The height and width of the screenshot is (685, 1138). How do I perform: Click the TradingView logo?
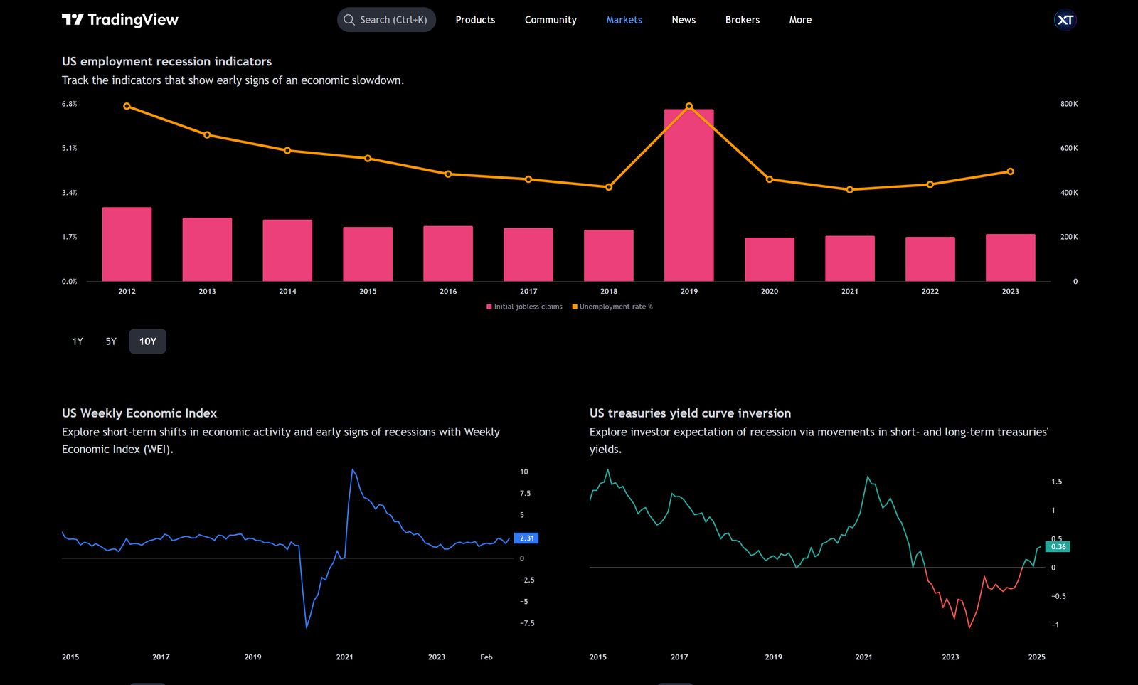click(x=119, y=20)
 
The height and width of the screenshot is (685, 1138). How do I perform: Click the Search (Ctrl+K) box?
click(x=386, y=20)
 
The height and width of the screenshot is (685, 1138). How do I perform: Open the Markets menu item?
click(x=624, y=20)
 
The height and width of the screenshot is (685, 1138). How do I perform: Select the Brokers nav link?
click(x=742, y=20)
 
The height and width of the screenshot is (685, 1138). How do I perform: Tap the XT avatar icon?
click(x=1065, y=20)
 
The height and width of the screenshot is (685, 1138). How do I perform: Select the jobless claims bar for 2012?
click(x=127, y=244)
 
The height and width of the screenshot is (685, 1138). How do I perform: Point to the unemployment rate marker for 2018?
click(x=608, y=187)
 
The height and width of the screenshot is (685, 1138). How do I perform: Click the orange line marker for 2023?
click(x=1010, y=171)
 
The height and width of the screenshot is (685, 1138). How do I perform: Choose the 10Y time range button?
click(x=147, y=341)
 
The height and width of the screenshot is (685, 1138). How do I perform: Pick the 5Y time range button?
click(x=111, y=341)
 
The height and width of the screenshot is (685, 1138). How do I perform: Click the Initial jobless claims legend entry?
click(x=524, y=307)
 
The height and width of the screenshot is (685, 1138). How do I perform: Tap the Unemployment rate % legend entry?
click(x=612, y=307)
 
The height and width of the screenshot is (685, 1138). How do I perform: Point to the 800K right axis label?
click(x=1068, y=104)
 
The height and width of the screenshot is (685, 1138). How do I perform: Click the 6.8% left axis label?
click(x=69, y=104)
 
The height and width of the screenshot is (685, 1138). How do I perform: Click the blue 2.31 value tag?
click(x=526, y=538)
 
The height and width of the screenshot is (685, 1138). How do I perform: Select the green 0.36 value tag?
click(x=1058, y=546)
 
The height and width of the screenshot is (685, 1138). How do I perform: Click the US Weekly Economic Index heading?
click(x=139, y=413)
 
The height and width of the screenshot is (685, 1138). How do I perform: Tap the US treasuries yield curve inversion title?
click(x=690, y=413)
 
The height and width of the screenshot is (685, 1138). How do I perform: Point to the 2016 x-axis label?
click(x=448, y=291)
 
